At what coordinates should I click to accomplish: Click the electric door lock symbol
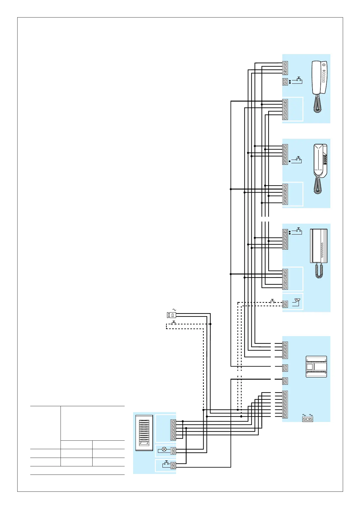171,315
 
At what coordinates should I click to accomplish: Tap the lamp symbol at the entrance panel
164,449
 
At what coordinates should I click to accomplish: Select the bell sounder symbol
297,301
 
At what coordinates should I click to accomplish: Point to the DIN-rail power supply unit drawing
316,367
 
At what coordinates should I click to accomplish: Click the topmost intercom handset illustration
319,78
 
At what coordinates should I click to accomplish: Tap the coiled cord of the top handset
317,104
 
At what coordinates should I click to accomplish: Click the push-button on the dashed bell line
272,302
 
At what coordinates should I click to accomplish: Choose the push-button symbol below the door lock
174,323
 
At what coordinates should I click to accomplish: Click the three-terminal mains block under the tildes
307,419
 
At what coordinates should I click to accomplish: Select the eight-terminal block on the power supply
285,404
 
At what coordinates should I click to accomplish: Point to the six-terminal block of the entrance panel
173,430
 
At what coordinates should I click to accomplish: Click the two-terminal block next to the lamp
173,451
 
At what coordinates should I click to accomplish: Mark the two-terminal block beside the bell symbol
285,304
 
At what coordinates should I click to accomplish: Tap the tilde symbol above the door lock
174,310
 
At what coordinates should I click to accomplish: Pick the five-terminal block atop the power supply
285,350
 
